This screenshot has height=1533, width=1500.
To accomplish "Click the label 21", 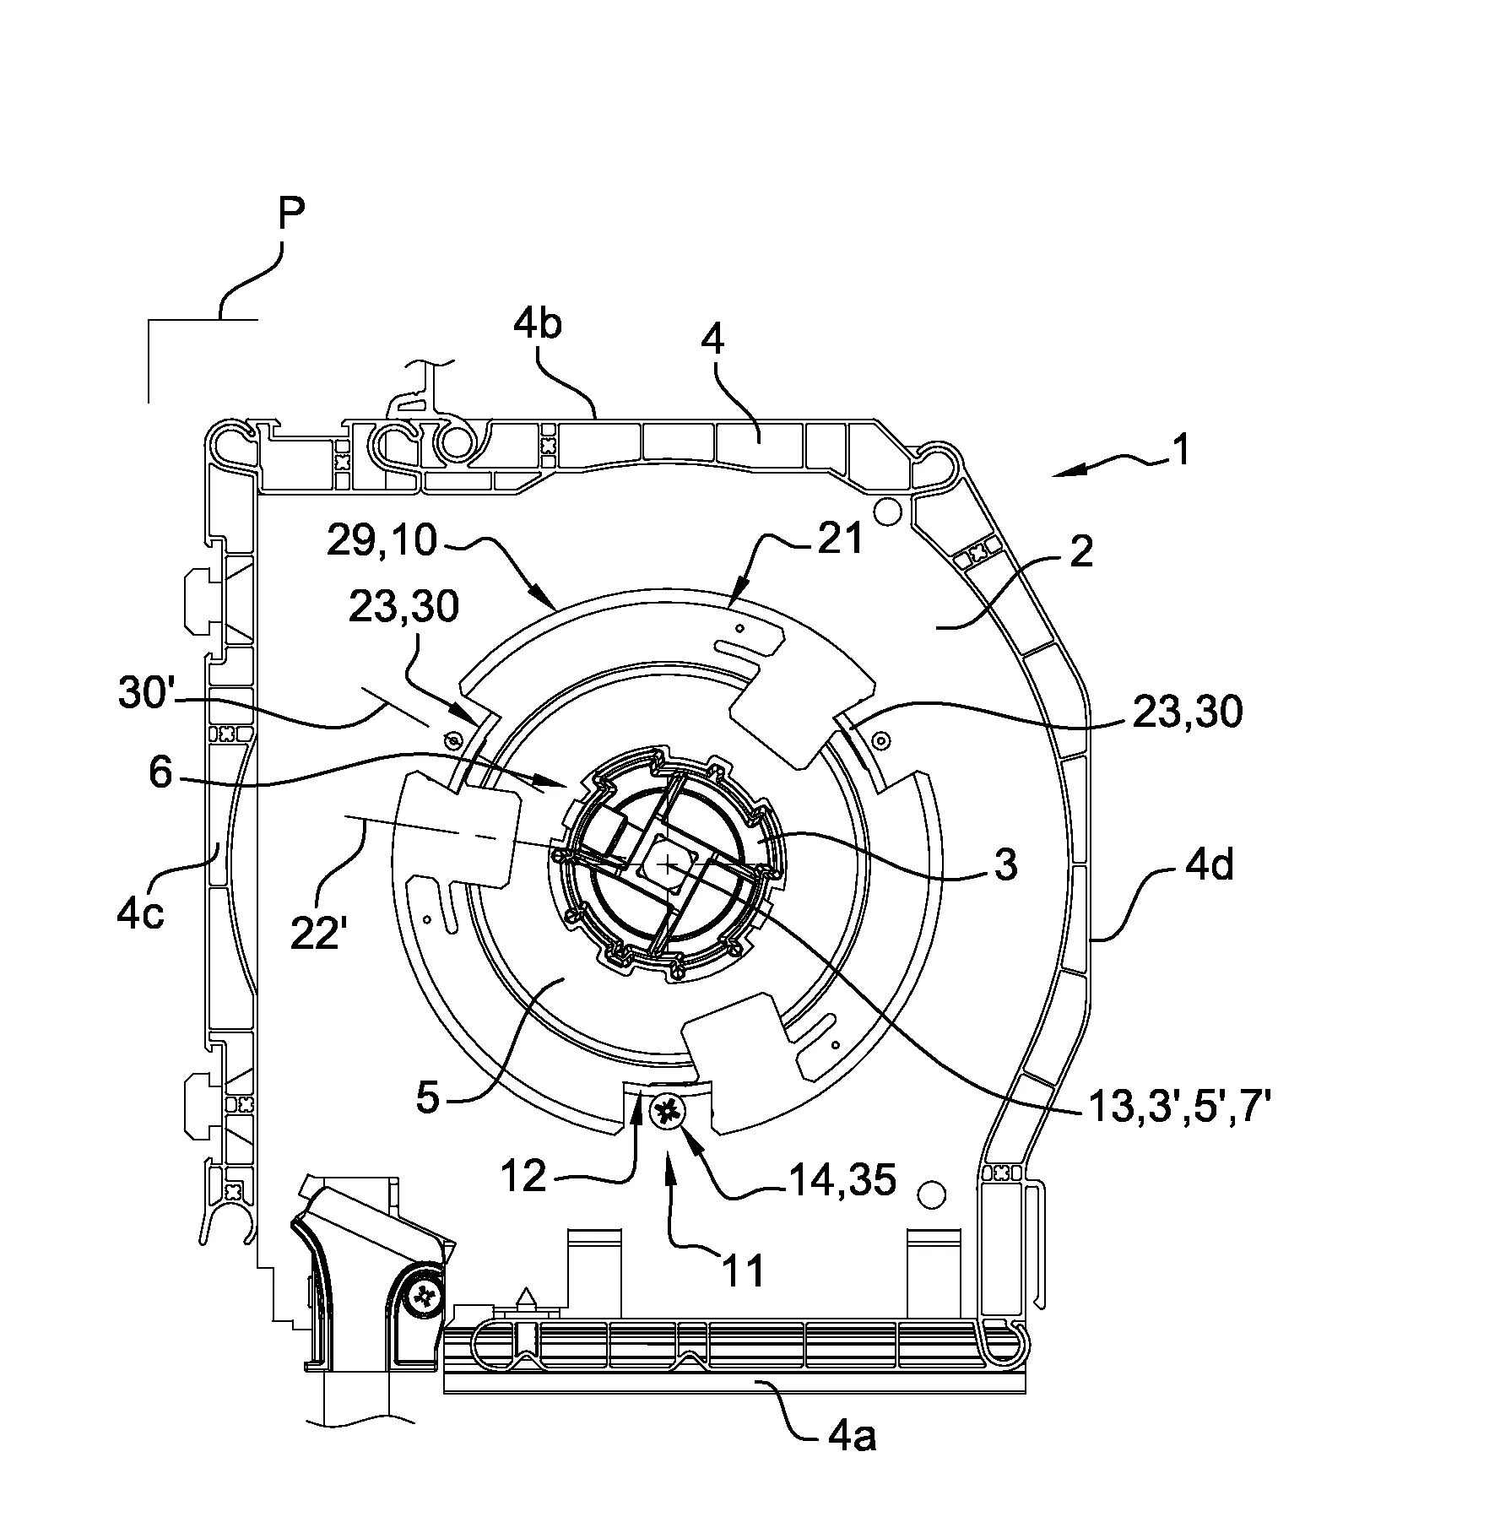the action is point(840,538).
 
